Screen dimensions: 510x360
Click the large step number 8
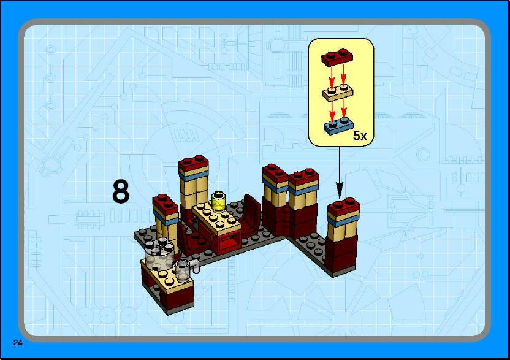[121, 192]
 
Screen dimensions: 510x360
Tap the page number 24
[18, 342]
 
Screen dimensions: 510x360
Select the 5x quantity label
[360, 136]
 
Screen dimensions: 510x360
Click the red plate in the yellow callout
[337, 57]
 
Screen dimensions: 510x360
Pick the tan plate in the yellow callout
[338, 93]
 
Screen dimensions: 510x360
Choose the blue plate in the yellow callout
[338, 126]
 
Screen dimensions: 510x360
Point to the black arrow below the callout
[340, 172]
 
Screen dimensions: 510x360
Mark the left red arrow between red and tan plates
[332, 77]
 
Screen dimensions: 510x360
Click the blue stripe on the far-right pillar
[343, 221]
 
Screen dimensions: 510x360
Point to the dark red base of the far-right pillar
[341, 255]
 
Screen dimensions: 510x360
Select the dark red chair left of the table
[187, 241]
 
